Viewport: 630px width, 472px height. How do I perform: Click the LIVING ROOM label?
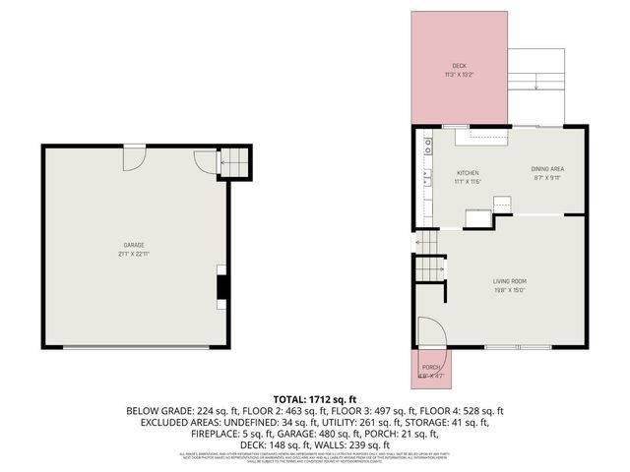[x=510, y=282]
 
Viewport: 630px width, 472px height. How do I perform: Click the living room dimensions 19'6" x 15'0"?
[x=510, y=290]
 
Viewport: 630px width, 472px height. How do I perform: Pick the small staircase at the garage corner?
[x=234, y=163]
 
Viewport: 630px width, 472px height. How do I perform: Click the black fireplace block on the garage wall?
[x=223, y=286]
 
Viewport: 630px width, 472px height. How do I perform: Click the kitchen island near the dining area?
[x=478, y=218]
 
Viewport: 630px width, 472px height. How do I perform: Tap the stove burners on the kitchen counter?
[x=428, y=147]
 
